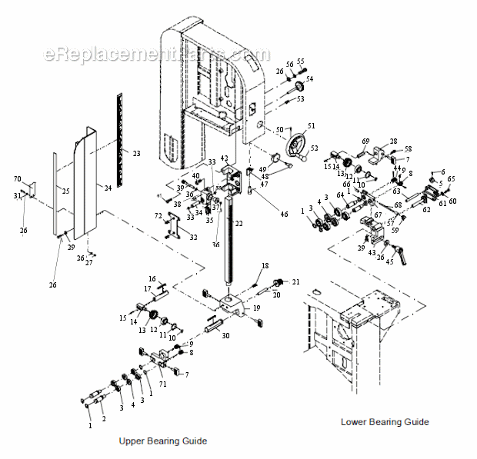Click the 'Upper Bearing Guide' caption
(162, 441)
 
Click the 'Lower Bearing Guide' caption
(385, 421)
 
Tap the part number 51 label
(312, 126)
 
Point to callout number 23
(136, 154)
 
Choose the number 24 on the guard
(108, 187)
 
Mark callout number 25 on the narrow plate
(65, 191)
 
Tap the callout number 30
(225, 336)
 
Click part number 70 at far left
(17, 179)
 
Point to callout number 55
(301, 61)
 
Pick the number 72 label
(158, 216)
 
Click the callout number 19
(256, 308)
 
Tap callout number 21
(295, 282)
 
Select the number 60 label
(452, 201)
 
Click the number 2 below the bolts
(104, 418)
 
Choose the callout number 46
(284, 214)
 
